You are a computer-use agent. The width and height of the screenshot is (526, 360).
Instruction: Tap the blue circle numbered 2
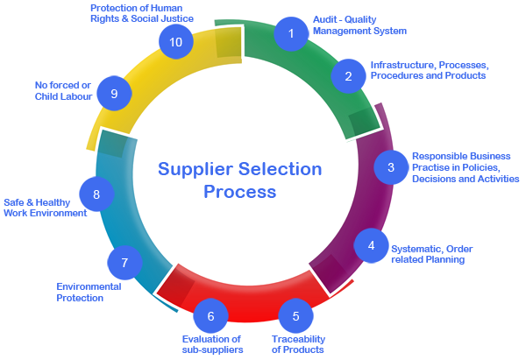pyautogui.click(x=348, y=76)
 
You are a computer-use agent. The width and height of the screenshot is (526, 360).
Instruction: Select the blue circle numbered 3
pyautogui.click(x=391, y=166)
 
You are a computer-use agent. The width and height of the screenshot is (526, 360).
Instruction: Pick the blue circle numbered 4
pyautogui.click(x=371, y=245)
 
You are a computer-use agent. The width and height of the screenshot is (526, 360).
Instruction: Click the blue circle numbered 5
pyautogui.click(x=296, y=315)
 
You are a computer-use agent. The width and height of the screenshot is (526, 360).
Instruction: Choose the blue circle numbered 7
pyautogui.click(x=124, y=262)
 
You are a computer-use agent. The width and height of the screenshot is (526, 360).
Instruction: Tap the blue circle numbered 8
pyautogui.click(x=96, y=194)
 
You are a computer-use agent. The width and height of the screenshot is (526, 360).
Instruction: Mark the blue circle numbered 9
pyautogui.click(x=114, y=94)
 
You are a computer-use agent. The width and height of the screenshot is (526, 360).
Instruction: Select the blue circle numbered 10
pyautogui.click(x=175, y=42)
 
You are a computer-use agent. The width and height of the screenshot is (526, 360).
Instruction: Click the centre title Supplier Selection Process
pyautogui.click(x=239, y=180)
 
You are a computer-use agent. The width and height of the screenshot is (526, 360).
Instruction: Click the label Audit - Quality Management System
pyautogui.click(x=359, y=25)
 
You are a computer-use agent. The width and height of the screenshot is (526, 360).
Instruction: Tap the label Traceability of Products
pyautogui.click(x=297, y=344)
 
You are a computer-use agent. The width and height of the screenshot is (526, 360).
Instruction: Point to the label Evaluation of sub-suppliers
pyautogui.click(x=211, y=344)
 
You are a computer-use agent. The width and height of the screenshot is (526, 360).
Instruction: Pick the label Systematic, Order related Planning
pyautogui.click(x=435, y=253)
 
